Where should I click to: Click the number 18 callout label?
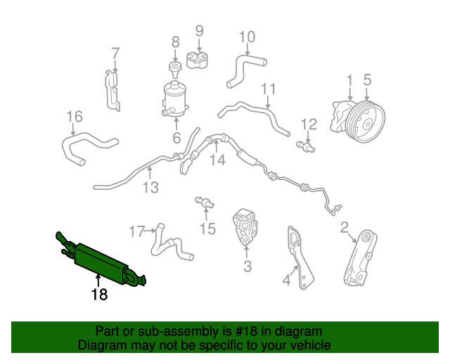[99, 295]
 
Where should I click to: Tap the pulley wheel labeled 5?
[365, 122]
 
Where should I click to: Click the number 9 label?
[199, 31]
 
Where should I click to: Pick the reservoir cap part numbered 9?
[198, 60]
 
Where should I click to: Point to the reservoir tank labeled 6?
[175, 99]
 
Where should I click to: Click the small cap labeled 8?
[175, 69]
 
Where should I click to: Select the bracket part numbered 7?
[112, 90]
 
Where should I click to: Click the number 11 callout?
[269, 89]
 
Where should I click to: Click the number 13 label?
[150, 188]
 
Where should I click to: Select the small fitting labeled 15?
[205, 202]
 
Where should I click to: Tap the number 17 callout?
[136, 231]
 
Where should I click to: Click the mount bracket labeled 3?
[245, 228]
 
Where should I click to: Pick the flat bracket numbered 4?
[300, 258]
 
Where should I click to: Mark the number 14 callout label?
[218, 160]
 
